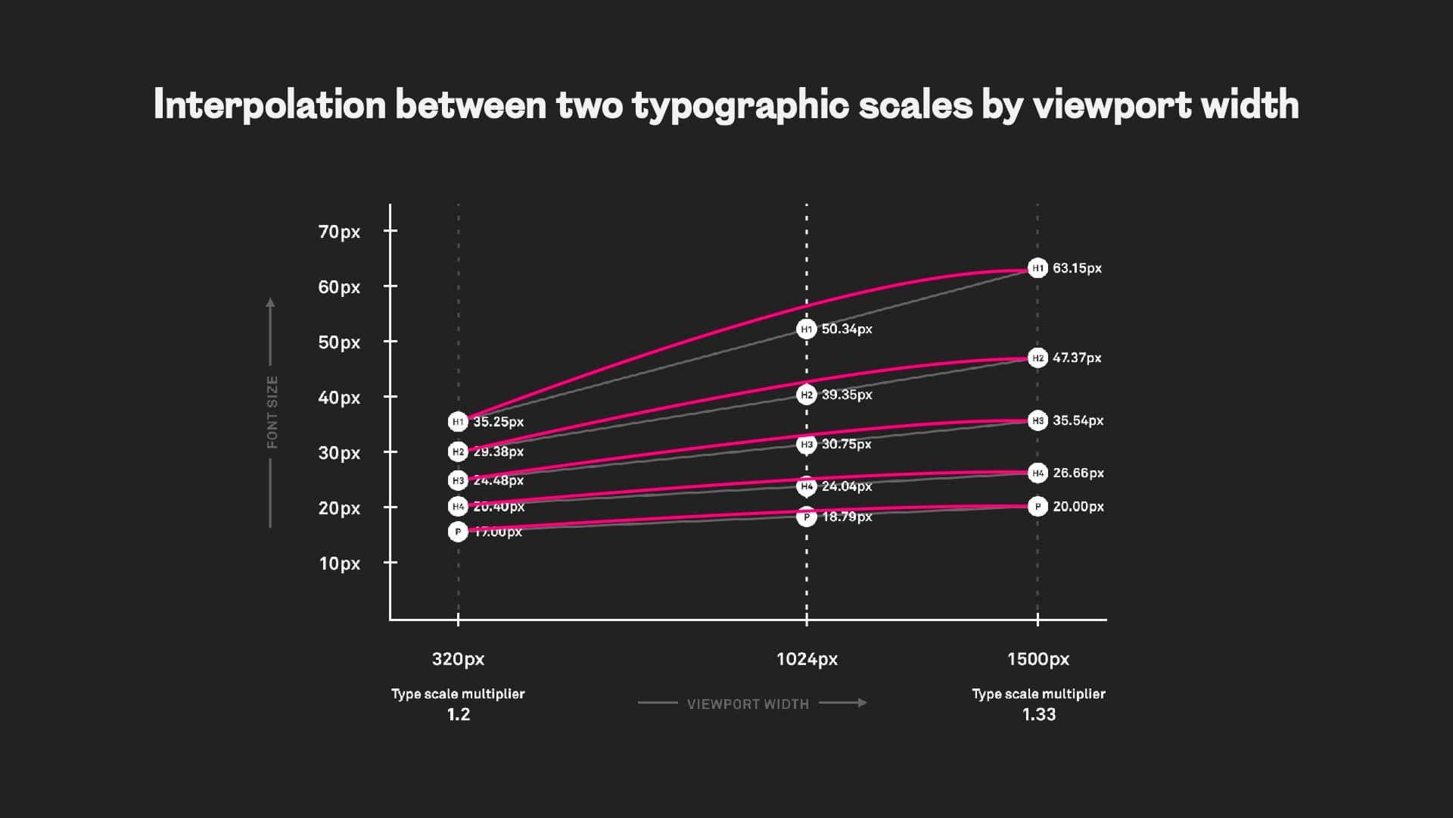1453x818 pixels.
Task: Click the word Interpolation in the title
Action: pyautogui.click(x=269, y=105)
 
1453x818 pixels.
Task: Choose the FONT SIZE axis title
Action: pyautogui.click(x=272, y=412)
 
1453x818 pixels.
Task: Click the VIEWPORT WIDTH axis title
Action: pyautogui.click(x=748, y=704)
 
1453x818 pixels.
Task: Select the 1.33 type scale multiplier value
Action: pyautogui.click(x=1038, y=715)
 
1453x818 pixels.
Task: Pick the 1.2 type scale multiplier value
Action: pyautogui.click(x=458, y=715)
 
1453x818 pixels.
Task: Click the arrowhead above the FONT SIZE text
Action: pyautogui.click(x=270, y=304)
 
